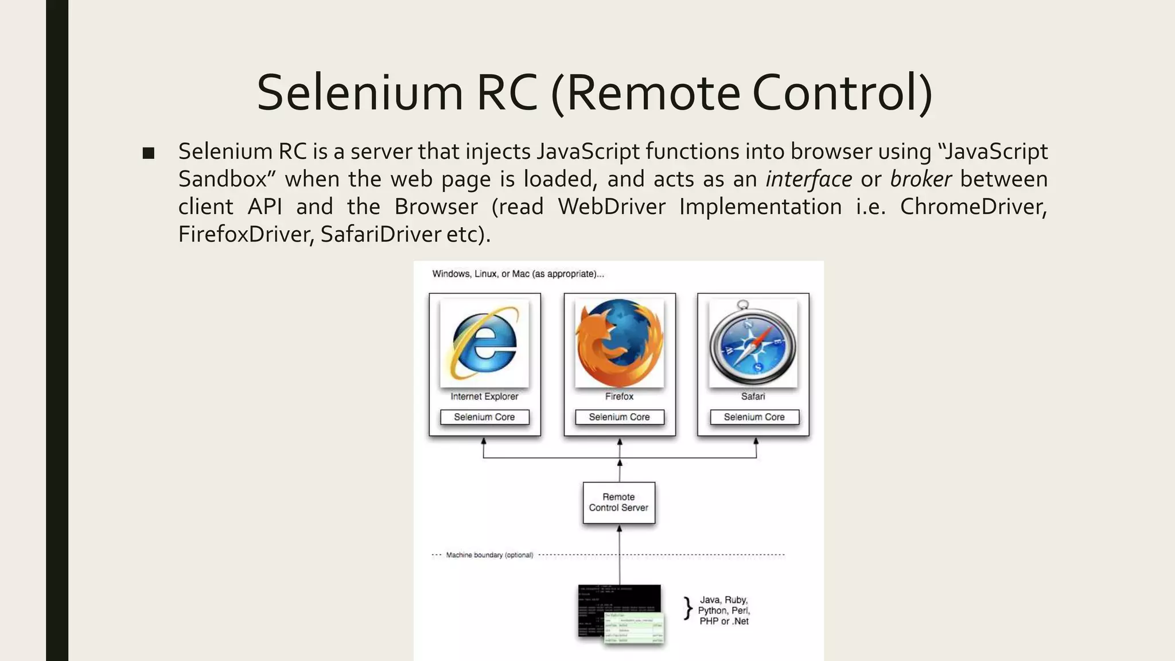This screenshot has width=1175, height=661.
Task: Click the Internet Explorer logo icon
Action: (x=484, y=343)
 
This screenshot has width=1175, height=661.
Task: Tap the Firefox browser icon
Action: (x=619, y=343)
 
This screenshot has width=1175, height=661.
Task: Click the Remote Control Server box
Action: (x=618, y=503)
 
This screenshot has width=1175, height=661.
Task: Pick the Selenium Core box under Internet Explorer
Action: (x=484, y=417)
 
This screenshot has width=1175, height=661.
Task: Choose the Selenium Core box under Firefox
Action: (x=619, y=417)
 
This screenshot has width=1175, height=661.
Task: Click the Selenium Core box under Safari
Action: (x=754, y=417)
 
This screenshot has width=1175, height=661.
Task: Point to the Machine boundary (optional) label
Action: (x=489, y=555)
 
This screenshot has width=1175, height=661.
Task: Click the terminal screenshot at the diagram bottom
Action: (x=620, y=612)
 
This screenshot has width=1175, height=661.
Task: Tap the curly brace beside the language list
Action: (x=687, y=609)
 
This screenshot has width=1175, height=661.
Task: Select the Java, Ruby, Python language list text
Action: (x=723, y=611)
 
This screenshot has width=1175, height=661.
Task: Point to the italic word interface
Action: (x=808, y=179)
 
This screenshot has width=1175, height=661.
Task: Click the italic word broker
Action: (x=920, y=179)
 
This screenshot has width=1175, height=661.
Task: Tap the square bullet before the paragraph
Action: (x=149, y=153)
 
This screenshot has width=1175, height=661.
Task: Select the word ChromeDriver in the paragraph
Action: (x=973, y=207)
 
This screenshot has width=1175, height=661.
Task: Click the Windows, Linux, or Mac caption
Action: (x=518, y=274)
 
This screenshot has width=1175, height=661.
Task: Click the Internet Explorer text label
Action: (x=484, y=396)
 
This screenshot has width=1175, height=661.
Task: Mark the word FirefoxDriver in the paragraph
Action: (x=246, y=234)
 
